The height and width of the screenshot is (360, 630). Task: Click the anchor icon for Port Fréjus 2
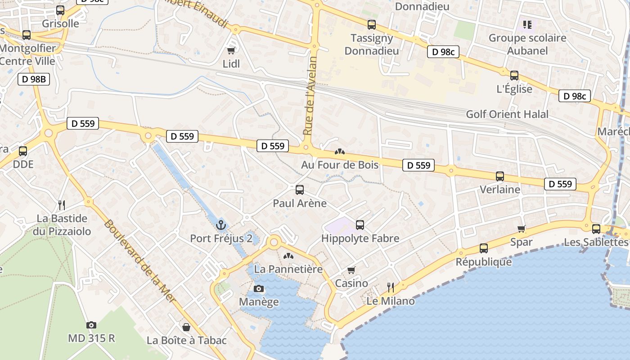[x=221, y=225]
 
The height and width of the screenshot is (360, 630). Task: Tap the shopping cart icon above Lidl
[x=231, y=50]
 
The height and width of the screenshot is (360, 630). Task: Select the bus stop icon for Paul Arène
[x=300, y=189]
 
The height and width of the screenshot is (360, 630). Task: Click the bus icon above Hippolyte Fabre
[x=360, y=225]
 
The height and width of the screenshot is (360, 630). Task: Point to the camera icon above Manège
[x=259, y=288]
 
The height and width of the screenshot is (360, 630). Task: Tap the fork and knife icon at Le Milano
[x=391, y=287]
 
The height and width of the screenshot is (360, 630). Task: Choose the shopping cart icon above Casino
[x=351, y=270]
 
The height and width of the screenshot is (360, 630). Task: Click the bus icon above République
[x=484, y=248]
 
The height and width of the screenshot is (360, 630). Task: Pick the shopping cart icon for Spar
[x=522, y=229]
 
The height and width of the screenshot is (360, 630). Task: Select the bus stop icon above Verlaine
[x=499, y=176]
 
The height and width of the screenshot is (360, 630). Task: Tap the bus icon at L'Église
[x=514, y=75]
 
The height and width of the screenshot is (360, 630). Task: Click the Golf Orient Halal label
[x=507, y=114]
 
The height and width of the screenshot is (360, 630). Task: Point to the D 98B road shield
[x=34, y=80]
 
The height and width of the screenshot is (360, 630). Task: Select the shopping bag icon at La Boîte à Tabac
[x=186, y=327]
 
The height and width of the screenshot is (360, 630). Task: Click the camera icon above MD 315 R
[x=91, y=324]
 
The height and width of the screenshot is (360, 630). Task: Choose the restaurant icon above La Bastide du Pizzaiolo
[x=62, y=205]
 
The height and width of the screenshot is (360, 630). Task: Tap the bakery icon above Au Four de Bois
[x=340, y=152]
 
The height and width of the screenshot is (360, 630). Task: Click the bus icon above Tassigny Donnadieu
[x=372, y=24]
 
